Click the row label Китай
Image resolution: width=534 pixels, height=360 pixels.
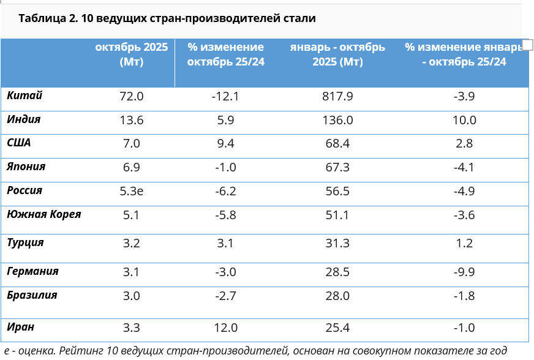point(24,96)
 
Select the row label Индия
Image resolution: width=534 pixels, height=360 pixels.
point(24,119)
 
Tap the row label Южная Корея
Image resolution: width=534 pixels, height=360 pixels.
point(44,214)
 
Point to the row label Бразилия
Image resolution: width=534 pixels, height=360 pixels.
point(32,295)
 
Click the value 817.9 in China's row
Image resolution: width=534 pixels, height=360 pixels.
point(337,97)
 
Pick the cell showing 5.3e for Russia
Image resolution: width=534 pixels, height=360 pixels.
point(132,191)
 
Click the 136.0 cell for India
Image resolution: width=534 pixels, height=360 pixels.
point(337,121)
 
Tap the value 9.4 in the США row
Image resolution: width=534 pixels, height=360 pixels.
point(225,144)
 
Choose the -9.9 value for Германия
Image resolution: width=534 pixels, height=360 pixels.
point(464,272)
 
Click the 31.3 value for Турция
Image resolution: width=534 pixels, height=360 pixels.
point(338,243)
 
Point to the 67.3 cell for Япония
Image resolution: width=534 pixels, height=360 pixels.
point(338,167)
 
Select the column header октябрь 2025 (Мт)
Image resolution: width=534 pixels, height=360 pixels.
point(131,54)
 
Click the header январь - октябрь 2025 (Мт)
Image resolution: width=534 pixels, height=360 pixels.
point(337,54)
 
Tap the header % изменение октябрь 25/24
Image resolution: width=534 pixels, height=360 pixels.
point(225,54)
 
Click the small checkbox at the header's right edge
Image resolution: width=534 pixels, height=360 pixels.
point(527,43)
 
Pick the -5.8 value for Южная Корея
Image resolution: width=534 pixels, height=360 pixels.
point(225,216)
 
